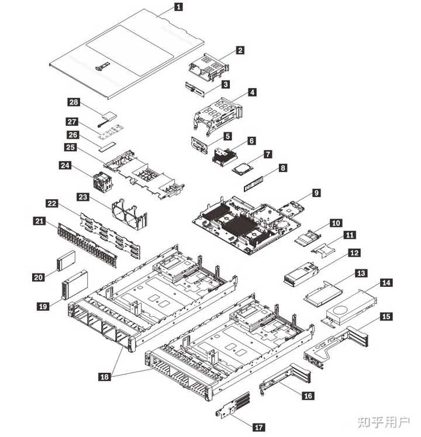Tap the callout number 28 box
coord(74,102)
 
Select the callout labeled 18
coord(104,377)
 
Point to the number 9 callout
coord(316,192)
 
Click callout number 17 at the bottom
coord(259,428)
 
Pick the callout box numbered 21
coord(40,221)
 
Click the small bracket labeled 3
coord(198,89)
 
